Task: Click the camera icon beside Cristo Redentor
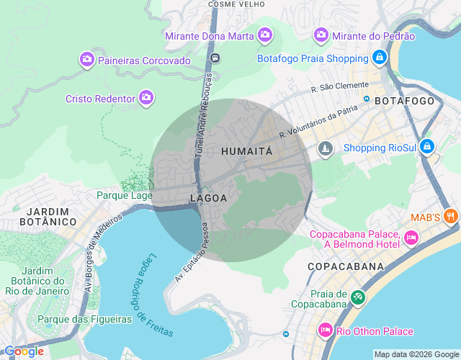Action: [146, 97]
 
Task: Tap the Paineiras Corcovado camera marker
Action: [86, 60]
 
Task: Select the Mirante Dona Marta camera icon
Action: [265, 35]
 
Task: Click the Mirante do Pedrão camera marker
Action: [321, 35]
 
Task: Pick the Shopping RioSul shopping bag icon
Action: [427, 147]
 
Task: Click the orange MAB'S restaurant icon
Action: [450, 215]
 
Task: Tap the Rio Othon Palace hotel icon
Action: [325, 330]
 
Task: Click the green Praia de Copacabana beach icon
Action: [358, 296]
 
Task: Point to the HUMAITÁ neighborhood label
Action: [247, 151]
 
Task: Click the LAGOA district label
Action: [209, 197]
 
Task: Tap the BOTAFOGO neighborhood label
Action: [405, 101]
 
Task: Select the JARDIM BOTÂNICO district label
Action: [51, 217]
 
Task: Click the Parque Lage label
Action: [125, 195]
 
